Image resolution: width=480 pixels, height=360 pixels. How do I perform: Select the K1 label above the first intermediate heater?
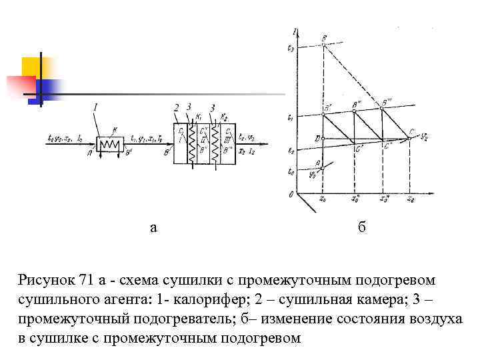coord(198,117)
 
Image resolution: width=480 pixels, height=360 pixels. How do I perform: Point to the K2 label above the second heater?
coord(225,117)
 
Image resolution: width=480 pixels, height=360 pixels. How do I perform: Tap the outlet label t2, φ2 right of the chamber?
coord(246,139)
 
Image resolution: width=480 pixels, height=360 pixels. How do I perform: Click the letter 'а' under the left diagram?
coord(154,228)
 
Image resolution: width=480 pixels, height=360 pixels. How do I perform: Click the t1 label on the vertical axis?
coord(289,117)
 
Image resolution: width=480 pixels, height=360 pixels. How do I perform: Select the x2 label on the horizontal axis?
coord(411,199)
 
